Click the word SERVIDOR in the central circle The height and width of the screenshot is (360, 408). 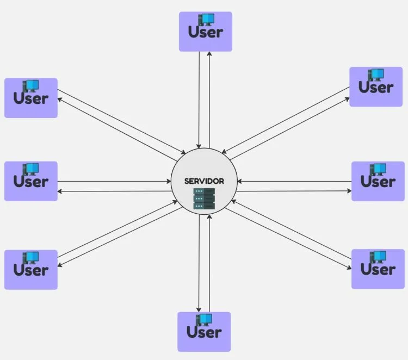pyautogui.click(x=204, y=181)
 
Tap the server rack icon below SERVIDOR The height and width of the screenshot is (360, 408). pyautogui.click(x=205, y=199)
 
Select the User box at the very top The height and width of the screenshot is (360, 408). pyautogui.click(x=206, y=32)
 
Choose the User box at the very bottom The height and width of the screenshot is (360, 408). pyautogui.click(x=204, y=332)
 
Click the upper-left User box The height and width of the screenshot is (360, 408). pyautogui.click(x=31, y=98)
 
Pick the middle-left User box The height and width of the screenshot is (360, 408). pyautogui.click(x=31, y=181)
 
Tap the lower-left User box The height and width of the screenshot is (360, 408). pyautogui.click(x=31, y=269)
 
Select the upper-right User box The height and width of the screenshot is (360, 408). pyautogui.click(x=376, y=86)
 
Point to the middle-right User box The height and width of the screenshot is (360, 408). pyautogui.click(x=378, y=181)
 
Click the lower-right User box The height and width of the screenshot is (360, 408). pyautogui.click(x=378, y=269)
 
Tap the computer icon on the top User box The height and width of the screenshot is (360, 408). pyautogui.click(x=206, y=20)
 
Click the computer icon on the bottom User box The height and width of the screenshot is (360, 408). pyautogui.click(x=205, y=320)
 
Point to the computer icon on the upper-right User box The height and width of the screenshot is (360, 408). pyautogui.click(x=376, y=75)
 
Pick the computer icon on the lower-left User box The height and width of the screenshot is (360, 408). pyautogui.click(x=30, y=257)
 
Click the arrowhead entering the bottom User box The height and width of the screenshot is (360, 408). pyautogui.click(x=199, y=309)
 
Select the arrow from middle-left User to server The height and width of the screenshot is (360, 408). pyautogui.click(x=114, y=181)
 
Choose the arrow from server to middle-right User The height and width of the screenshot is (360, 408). pyautogui.click(x=294, y=191)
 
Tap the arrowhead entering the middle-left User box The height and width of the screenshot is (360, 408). pyautogui.click(x=60, y=191)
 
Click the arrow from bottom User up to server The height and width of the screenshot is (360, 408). pyautogui.click(x=209, y=261)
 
